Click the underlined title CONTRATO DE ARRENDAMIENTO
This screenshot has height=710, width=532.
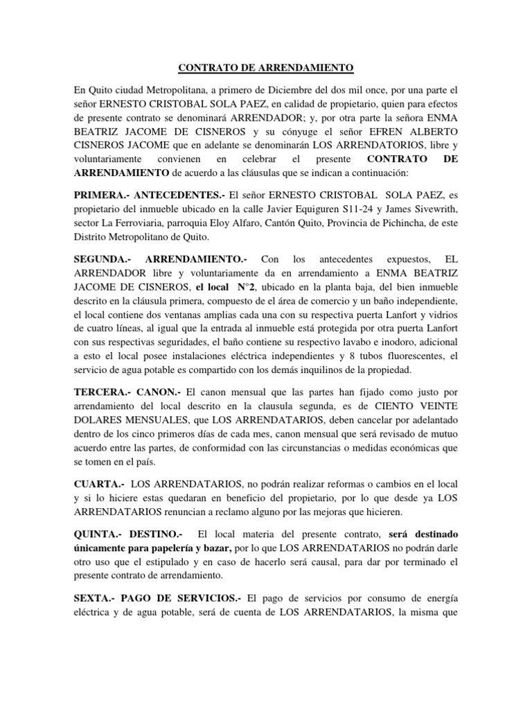[267, 67]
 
